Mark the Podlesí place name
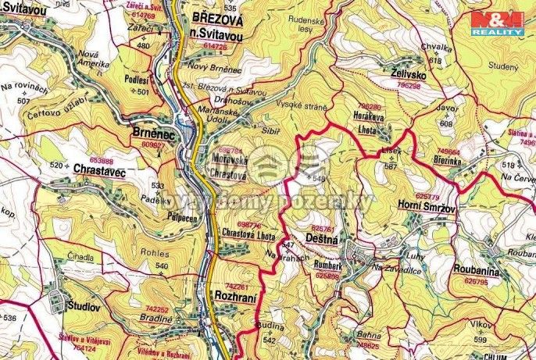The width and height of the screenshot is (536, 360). click(x=138, y=79)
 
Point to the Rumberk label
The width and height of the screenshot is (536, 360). click(x=326, y=266)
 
